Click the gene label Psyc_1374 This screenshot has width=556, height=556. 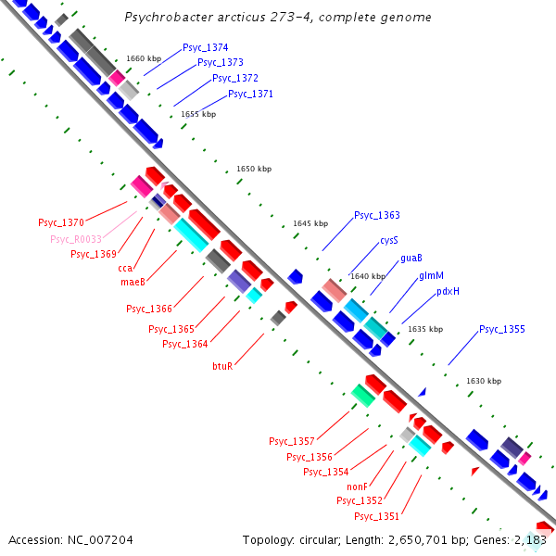click(205, 47)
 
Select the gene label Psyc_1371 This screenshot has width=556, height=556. click(250, 94)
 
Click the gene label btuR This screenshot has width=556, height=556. click(222, 366)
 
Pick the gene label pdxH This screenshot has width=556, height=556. click(448, 291)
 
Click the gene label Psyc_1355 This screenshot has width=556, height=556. click(502, 330)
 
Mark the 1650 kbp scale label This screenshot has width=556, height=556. click(254, 170)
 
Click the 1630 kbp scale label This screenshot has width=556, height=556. click(484, 381)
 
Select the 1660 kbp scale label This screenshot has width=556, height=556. click(144, 58)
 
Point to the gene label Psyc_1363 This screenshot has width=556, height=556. click(377, 215)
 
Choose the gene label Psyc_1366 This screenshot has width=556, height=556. click(149, 309)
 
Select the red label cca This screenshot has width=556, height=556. click(125, 269)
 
